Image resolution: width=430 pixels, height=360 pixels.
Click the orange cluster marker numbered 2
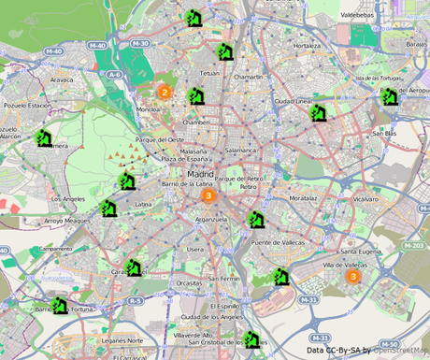click(x=164, y=92)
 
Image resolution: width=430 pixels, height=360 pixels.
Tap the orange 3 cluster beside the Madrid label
click(x=208, y=196)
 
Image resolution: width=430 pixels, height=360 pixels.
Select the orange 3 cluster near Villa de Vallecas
click(x=352, y=276)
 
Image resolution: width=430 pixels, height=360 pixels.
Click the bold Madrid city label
click(x=200, y=175)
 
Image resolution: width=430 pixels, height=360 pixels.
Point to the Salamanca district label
click(x=240, y=150)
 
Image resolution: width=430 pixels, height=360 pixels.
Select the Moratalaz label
click(x=304, y=198)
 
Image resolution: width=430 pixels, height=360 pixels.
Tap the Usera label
click(x=194, y=250)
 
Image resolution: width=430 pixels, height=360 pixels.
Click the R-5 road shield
click(x=136, y=300)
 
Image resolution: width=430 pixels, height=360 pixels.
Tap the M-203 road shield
click(x=416, y=246)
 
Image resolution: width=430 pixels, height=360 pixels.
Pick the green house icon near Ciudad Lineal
click(x=318, y=113)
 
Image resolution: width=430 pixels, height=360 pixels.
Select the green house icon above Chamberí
click(x=195, y=95)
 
